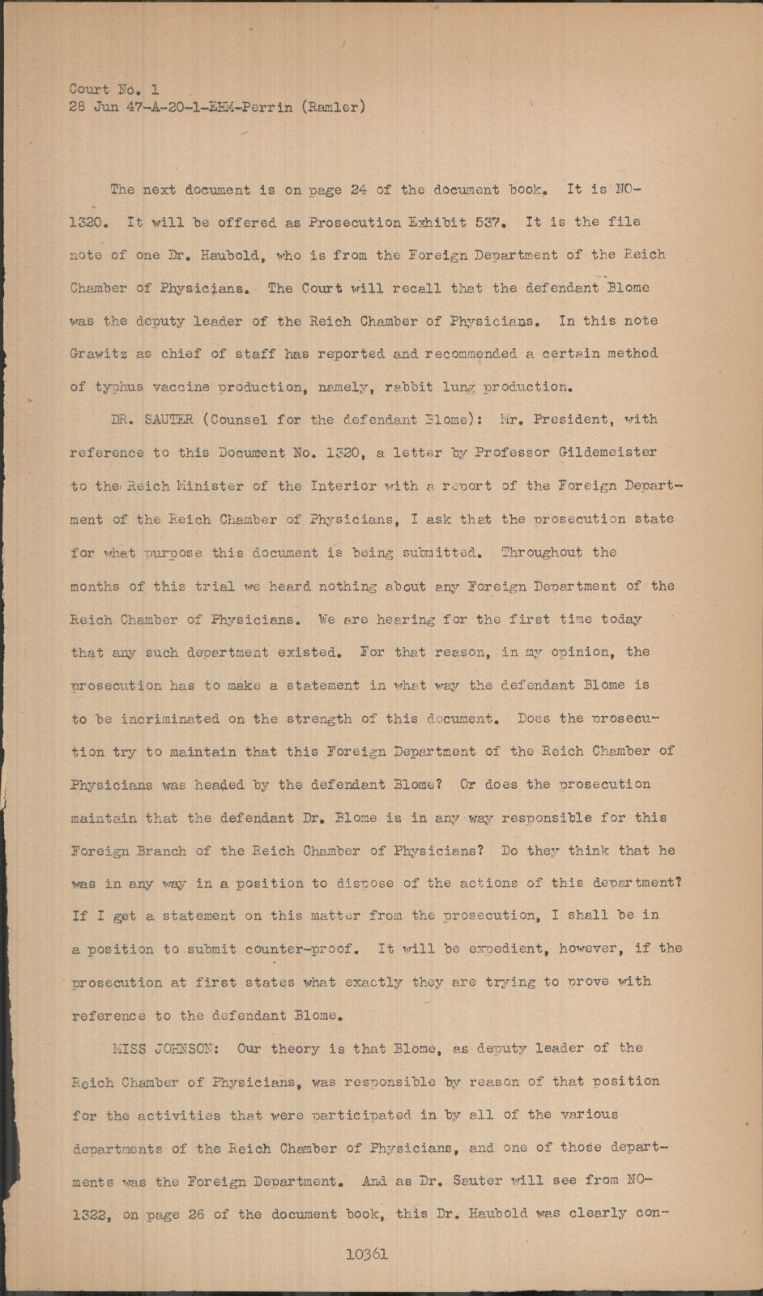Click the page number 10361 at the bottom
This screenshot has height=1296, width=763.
pyautogui.click(x=366, y=1254)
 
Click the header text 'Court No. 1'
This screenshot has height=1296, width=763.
pyautogui.click(x=114, y=89)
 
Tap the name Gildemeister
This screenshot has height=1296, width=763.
pyautogui.click(x=606, y=452)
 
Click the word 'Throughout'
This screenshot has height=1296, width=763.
pyautogui.click(x=542, y=552)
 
